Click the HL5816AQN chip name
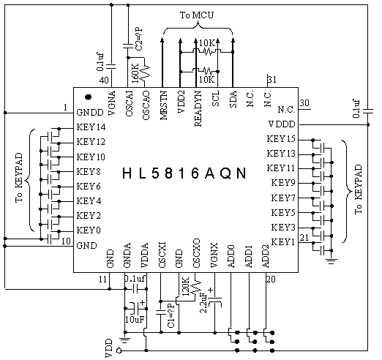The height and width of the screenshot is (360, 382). (184, 173)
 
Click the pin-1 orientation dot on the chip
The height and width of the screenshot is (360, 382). (89, 97)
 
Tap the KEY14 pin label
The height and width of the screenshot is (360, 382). (91, 127)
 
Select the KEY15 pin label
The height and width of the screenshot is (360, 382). (281, 139)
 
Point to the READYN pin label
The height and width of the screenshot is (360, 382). (198, 108)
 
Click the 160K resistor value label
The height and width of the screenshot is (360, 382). (135, 73)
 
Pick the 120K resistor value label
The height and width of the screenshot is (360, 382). (185, 286)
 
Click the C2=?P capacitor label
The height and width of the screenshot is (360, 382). (139, 39)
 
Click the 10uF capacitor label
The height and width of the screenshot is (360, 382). (135, 319)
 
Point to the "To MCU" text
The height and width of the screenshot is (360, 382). (197, 15)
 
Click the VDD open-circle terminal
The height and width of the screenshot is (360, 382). (119, 350)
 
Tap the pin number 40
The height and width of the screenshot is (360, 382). (104, 80)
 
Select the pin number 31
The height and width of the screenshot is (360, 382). (271, 79)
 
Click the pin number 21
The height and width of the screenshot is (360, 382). (304, 237)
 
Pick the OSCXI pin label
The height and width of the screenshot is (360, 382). (162, 255)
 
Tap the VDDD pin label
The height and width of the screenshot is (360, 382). (282, 124)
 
